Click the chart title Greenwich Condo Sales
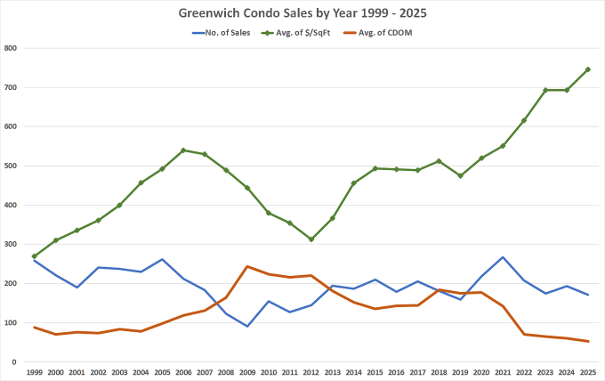click(x=302, y=12)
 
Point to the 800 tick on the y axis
click(x=11, y=48)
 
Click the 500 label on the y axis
click(x=11, y=166)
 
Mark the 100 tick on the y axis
click(x=11, y=323)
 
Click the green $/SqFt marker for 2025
click(x=587, y=69)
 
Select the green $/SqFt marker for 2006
click(x=183, y=150)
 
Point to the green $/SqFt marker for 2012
click(x=311, y=239)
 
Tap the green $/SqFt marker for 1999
click(x=35, y=256)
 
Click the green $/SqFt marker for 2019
click(x=460, y=175)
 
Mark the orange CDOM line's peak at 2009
click(x=247, y=266)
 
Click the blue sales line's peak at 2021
click(x=503, y=257)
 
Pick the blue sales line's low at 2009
click(x=247, y=326)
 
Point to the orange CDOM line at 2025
click(x=587, y=341)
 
